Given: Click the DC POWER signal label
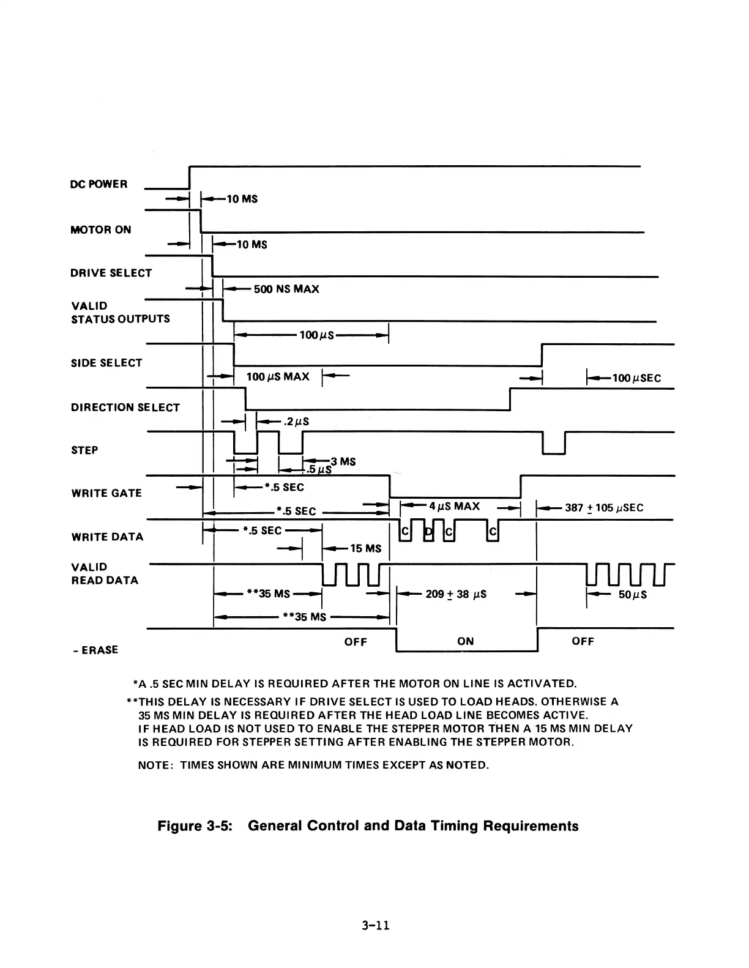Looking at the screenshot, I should [99, 184].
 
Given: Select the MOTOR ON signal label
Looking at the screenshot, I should [101, 229].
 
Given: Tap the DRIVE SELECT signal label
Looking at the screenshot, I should [111, 273].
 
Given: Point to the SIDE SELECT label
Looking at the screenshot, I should [106, 363].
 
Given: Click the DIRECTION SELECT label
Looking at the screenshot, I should [125, 408].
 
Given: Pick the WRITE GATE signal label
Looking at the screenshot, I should [106, 493].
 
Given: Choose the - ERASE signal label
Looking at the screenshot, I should [95, 650].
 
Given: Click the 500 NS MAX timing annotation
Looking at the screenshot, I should [286, 289].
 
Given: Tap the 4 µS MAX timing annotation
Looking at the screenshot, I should [454, 507].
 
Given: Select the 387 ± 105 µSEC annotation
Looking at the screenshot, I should [604, 507].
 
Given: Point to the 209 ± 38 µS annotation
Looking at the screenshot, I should [456, 594].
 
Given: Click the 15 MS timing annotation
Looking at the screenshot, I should [365, 548].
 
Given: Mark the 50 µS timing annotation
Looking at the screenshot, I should [633, 594].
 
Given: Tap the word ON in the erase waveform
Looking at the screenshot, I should [465, 641].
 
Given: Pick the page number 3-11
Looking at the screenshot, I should [375, 925].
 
